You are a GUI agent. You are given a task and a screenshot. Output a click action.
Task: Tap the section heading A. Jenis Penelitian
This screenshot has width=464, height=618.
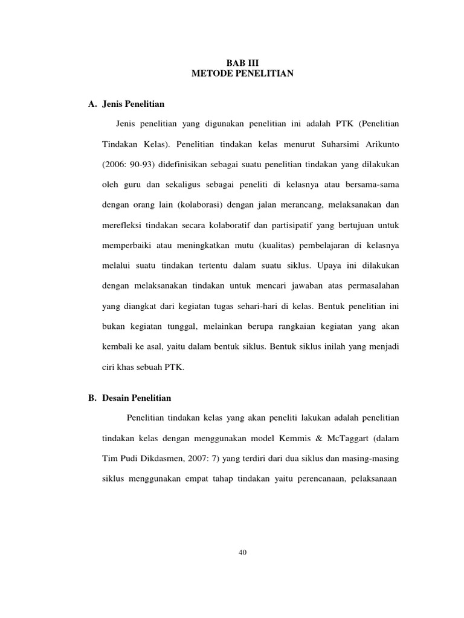point(126,104)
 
